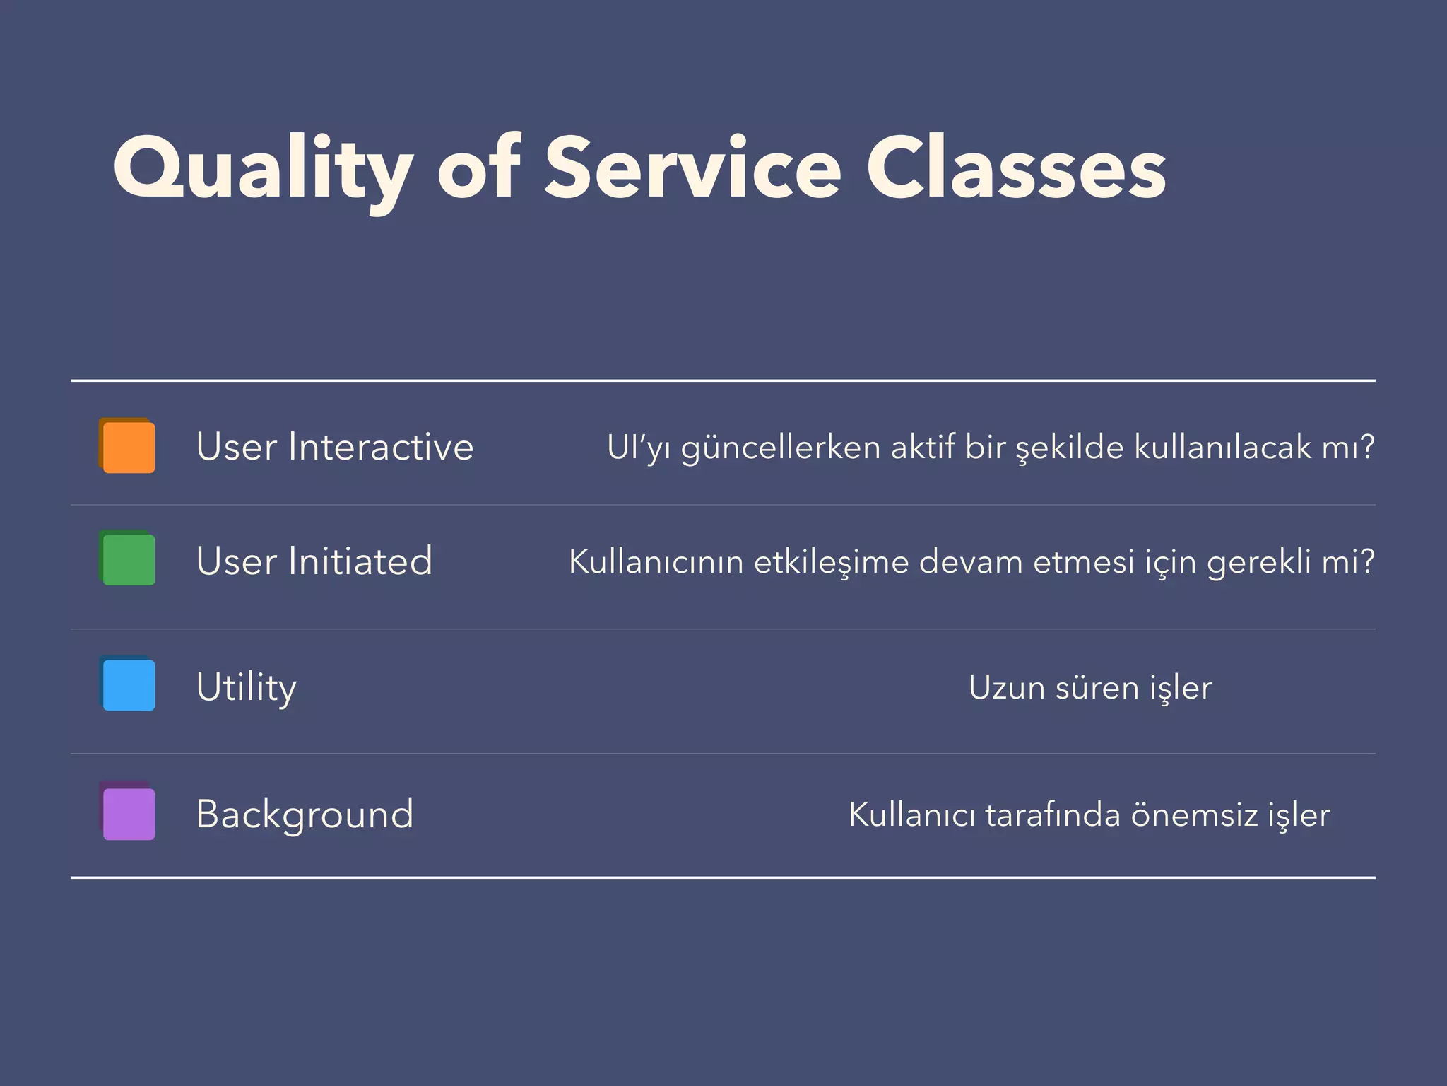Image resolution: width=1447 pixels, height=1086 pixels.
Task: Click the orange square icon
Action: click(x=128, y=446)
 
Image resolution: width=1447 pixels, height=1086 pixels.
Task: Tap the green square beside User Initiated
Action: click(x=128, y=559)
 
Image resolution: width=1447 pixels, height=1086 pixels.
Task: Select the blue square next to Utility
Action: click(x=128, y=684)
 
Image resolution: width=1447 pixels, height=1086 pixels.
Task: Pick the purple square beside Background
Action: click(x=128, y=813)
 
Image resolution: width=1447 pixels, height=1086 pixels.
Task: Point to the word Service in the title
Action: click(x=692, y=170)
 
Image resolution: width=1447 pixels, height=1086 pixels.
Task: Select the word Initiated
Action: click(x=360, y=561)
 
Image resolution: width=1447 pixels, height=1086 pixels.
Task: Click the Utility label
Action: click(x=246, y=687)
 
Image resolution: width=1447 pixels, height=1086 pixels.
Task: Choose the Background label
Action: click(x=305, y=814)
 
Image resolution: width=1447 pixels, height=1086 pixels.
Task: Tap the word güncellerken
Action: click(x=781, y=448)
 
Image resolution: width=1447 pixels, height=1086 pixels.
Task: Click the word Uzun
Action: click(x=1006, y=687)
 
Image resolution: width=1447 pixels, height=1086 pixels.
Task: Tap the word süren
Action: click(x=1097, y=687)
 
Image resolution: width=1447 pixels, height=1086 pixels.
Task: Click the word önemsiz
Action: click(x=1194, y=814)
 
